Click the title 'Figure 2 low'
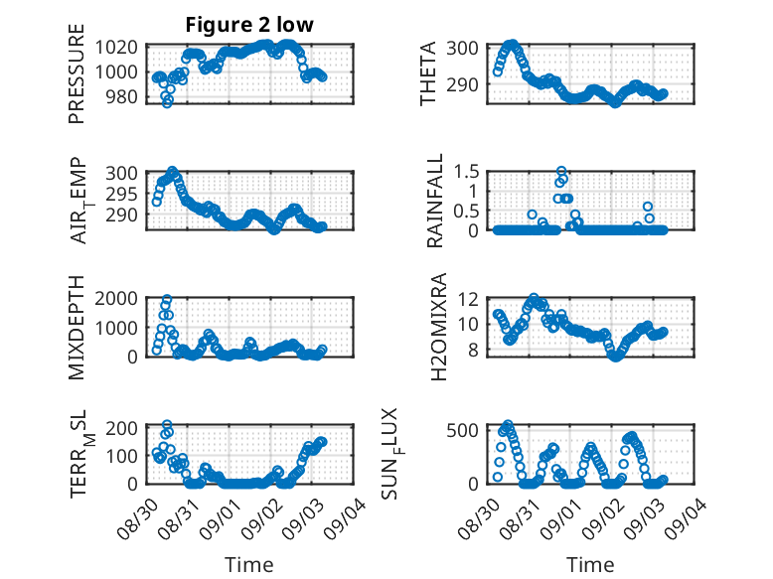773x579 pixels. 248,26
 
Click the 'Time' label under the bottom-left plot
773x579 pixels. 248,564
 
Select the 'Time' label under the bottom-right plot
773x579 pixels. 590,564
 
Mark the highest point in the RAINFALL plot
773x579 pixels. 561,171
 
